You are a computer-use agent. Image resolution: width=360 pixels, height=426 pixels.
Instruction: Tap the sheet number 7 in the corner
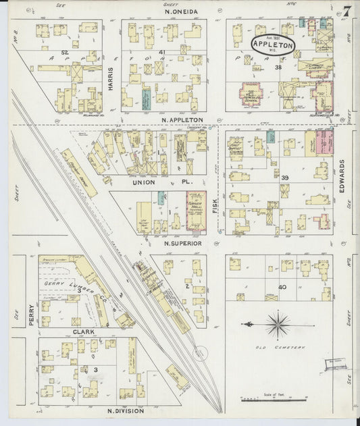[x=346, y=11]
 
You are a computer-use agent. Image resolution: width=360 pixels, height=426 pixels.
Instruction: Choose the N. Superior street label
[x=182, y=242]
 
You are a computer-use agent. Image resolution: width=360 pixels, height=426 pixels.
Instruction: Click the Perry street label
[x=31, y=315]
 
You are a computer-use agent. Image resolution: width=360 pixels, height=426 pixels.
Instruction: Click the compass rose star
[x=277, y=325]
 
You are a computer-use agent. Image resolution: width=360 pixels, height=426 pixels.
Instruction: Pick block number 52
[x=65, y=52]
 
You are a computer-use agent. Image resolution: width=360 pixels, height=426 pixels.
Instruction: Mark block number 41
[x=161, y=52]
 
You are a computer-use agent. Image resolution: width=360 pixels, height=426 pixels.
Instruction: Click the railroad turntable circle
[x=199, y=353]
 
